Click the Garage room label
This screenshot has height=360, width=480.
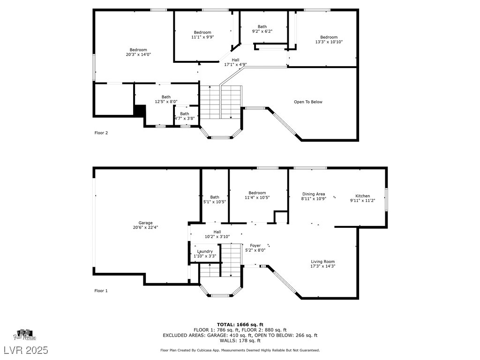coord(145,223)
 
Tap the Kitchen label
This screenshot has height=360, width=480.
coord(363,196)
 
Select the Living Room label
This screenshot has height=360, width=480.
coord(323,262)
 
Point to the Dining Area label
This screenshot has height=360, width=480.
coord(314,194)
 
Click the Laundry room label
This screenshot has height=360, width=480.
coord(205,251)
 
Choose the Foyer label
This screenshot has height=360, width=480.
coord(255,246)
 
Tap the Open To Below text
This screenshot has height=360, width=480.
coord(308,102)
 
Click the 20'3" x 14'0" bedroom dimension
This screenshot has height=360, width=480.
coord(138,54)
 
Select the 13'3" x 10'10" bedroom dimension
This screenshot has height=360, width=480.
coord(329,42)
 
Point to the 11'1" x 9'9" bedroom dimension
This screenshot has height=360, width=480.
coord(202,37)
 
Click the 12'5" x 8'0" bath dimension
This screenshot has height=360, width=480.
coord(166,102)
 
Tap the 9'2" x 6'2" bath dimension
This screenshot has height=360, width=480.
coord(262,31)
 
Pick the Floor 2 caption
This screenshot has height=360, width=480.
coord(101,133)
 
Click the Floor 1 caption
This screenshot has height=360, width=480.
coord(101,291)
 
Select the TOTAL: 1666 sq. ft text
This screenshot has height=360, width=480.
coord(240,324)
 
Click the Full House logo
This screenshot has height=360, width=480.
coord(25,335)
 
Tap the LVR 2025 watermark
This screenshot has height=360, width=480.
coord(26,350)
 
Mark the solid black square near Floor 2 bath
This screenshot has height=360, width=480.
coord(140,111)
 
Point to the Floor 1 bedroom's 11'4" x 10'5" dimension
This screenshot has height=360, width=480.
coord(257,197)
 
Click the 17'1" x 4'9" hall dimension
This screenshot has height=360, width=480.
coord(235,65)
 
